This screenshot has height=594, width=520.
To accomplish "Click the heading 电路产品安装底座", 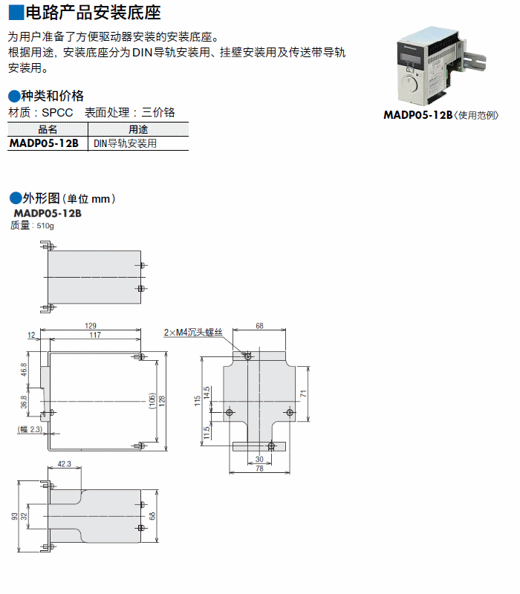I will point(92,13).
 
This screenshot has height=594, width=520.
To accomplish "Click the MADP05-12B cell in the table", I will point(44,143).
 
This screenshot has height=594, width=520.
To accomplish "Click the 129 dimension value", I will point(91,325).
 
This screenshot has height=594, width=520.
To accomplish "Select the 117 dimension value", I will point(94,336).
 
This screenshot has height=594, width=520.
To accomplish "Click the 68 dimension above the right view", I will point(259,325).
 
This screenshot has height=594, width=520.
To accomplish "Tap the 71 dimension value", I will point(304,393).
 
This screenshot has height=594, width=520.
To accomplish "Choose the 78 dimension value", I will point(259,469).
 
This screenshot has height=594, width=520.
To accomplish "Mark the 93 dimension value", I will point(13,516).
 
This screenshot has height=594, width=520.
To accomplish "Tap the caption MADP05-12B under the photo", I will point(417,115).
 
